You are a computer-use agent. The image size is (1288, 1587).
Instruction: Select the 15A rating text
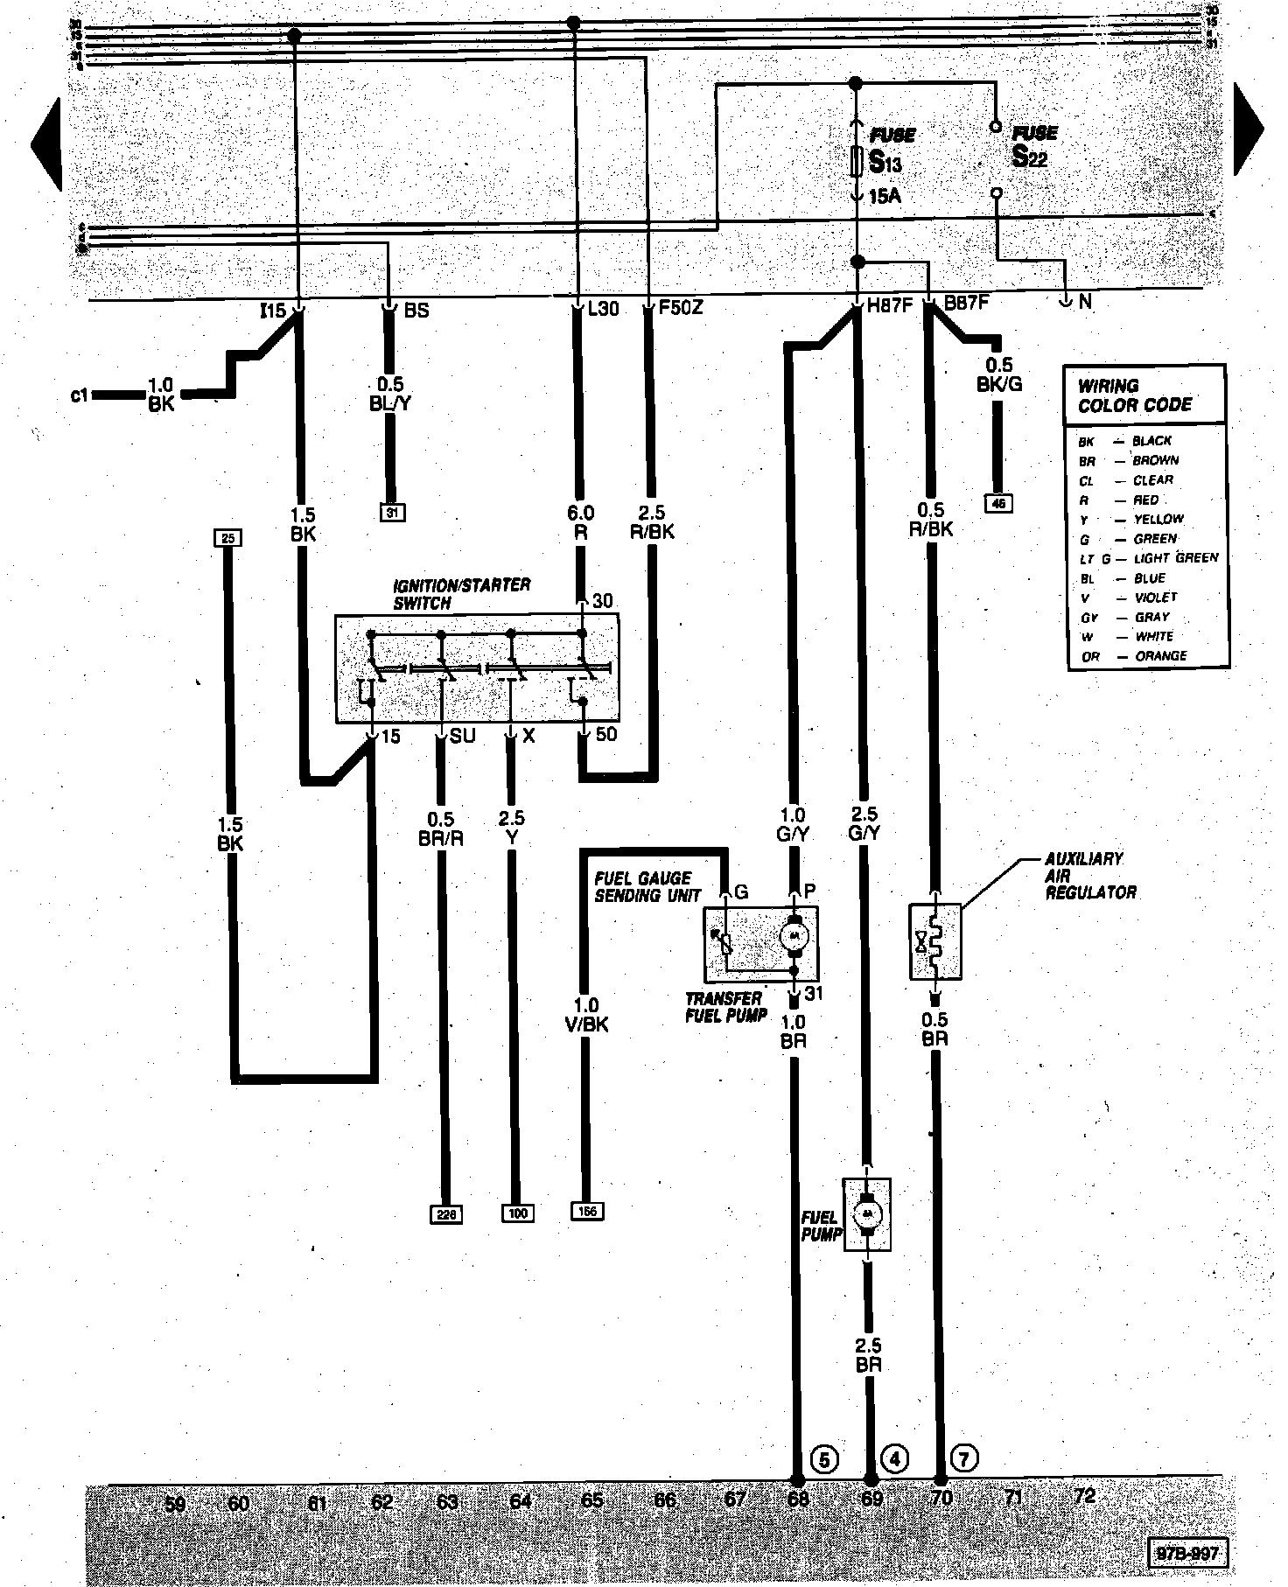pyautogui.click(x=885, y=196)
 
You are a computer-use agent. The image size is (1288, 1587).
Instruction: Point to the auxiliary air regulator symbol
pyautogui.click(x=934, y=941)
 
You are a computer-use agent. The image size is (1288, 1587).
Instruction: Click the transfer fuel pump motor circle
pyautogui.click(x=794, y=935)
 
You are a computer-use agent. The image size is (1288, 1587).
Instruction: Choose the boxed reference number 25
pyautogui.click(x=227, y=538)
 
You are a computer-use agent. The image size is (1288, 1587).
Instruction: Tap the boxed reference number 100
pyautogui.click(x=517, y=1213)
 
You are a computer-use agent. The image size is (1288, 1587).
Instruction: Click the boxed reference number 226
pyautogui.click(x=446, y=1213)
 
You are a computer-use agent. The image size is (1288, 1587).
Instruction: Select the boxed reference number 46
pyautogui.click(x=998, y=503)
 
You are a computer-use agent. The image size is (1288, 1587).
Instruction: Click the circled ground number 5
pyautogui.click(x=824, y=1459)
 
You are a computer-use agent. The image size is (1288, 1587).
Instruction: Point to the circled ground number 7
pyautogui.click(x=963, y=1458)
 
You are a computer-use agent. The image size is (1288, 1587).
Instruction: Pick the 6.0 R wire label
pyautogui.click(x=581, y=522)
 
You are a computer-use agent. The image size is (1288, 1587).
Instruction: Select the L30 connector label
pyautogui.click(x=603, y=309)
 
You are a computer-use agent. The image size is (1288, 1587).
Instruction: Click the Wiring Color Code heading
pyautogui.click(x=1134, y=395)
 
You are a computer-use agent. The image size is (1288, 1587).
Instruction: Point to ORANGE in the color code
pyautogui.click(x=1160, y=656)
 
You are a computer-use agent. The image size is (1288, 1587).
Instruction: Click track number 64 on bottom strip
pyautogui.click(x=521, y=1501)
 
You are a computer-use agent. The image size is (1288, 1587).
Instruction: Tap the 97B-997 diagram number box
pyautogui.click(x=1186, y=1554)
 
